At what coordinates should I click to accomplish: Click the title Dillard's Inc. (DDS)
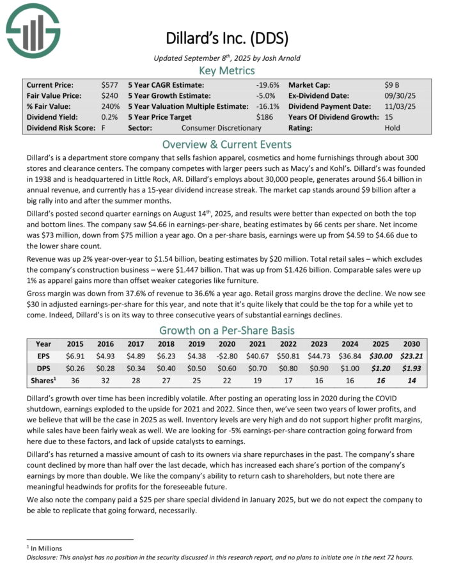[227, 38]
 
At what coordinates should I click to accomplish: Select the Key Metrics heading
[226, 70]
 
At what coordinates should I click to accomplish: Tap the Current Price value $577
[109, 84]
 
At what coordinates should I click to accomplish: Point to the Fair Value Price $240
[109, 95]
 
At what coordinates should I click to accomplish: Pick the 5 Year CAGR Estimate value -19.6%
[267, 84]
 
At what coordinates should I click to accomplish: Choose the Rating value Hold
[393, 127]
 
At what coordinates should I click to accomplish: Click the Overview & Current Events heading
[226, 144]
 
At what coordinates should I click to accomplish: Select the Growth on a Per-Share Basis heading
[226, 330]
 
